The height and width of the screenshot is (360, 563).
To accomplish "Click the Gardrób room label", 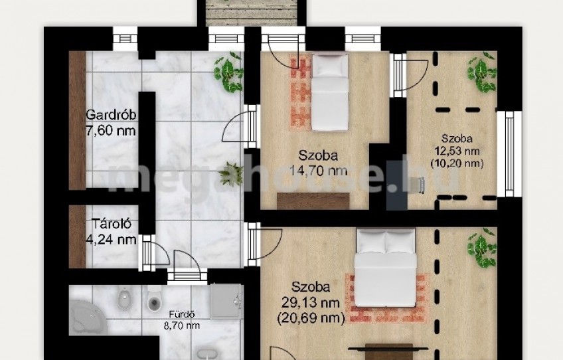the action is pyautogui.click(x=111, y=116).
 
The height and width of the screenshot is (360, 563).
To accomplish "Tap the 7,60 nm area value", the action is pyautogui.click(x=111, y=130).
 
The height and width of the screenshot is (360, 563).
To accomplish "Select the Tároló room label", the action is pyautogui.click(x=112, y=224).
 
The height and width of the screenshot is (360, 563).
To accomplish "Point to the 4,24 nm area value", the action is pyautogui.click(x=112, y=239).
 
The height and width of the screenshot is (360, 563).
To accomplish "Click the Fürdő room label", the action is pyautogui.click(x=182, y=314).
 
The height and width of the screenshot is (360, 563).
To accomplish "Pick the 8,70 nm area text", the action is pyautogui.click(x=182, y=325).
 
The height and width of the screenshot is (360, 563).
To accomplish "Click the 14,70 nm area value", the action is pyautogui.click(x=319, y=170).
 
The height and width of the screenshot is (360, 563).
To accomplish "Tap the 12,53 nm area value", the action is pyautogui.click(x=457, y=151).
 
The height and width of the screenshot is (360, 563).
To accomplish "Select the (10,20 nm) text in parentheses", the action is pyautogui.click(x=457, y=163).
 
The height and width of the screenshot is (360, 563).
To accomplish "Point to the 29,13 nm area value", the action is pyautogui.click(x=311, y=302).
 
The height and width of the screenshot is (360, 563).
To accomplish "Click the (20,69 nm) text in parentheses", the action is pyautogui.click(x=311, y=317).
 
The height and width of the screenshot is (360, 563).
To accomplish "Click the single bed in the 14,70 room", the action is pyautogui.click(x=330, y=92).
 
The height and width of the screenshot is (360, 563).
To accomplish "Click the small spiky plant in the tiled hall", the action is pyautogui.click(x=231, y=174).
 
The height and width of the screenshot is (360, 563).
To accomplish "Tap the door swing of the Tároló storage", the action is pyautogui.click(x=160, y=252).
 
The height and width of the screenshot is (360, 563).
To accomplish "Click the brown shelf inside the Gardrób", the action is pyautogui.click(x=77, y=120).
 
